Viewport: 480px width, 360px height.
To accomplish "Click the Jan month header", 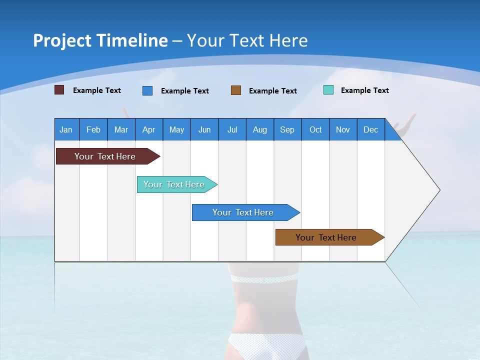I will point(66,129).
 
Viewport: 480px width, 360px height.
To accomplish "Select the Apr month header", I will point(148,129).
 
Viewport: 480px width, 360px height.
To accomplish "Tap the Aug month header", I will point(259,129).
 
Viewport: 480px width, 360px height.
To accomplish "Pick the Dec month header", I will point(370,129).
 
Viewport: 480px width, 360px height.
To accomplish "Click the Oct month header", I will point(315,129).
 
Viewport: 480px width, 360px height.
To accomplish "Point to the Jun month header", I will point(204,129).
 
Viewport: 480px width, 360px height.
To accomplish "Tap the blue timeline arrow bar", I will point(243,212).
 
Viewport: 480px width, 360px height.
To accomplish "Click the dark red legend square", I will point(59,90).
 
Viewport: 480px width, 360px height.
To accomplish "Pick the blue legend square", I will point(147,90).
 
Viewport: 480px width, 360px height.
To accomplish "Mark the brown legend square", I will point(236,90).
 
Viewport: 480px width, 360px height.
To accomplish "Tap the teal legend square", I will point(328,90).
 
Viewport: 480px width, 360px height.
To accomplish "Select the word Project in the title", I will point(61,40).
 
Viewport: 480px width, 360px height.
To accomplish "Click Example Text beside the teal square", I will point(364,90).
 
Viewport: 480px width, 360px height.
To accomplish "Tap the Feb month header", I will point(93,129).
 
